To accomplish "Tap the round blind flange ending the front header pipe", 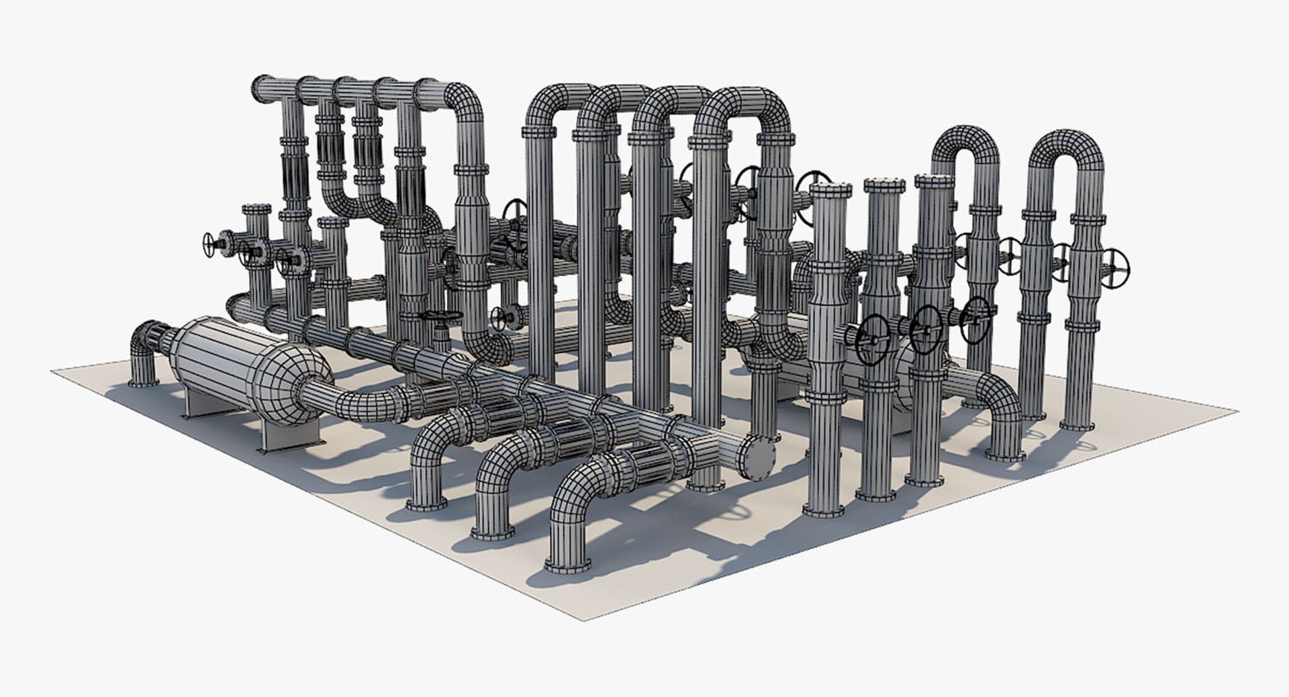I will point(759,458).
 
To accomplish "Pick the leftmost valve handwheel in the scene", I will point(210,245).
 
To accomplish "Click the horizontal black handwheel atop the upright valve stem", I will point(440,315).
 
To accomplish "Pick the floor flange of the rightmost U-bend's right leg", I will point(1080,424).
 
